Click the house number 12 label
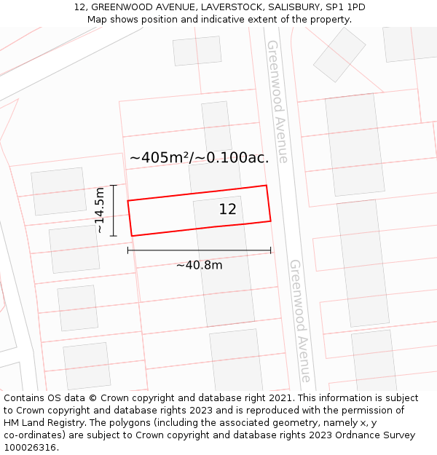coord(227,210)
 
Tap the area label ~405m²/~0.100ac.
coord(199,157)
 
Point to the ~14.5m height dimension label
coord(100,210)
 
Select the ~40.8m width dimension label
coord(199,265)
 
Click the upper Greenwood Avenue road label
coord(277,101)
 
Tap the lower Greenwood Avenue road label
coord(300,320)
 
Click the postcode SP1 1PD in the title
coord(347,7)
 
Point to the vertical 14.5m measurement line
coord(114,210)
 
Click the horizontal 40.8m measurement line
coord(199,250)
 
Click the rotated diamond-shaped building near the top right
coord(339,55)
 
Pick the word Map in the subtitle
coord(97,20)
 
